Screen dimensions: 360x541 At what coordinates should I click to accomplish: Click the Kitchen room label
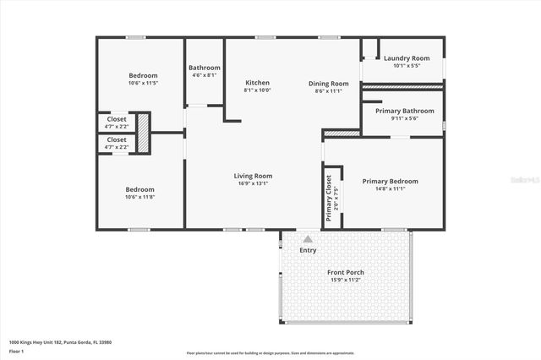tap(257, 83)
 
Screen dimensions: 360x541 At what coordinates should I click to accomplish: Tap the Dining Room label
tap(328, 84)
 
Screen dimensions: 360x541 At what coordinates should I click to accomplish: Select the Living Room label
tap(253, 176)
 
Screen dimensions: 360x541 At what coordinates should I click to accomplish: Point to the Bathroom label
tap(204, 68)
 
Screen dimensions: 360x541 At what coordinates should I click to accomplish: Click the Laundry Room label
tap(407, 58)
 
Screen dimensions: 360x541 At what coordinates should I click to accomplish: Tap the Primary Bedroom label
tap(390, 181)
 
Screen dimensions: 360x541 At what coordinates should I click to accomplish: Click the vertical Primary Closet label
tap(329, 198)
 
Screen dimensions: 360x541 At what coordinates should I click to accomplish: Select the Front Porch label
tap(345, 272)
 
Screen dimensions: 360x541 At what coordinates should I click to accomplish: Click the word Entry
tap(308, 250)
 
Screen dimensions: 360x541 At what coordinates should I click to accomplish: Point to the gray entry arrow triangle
tap(308, 240)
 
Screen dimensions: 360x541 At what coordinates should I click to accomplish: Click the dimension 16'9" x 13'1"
tap(253, 183)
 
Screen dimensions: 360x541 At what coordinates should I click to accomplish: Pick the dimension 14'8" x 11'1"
tap(390, 188)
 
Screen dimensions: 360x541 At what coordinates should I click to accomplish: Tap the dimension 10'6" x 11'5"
tap(143, 84)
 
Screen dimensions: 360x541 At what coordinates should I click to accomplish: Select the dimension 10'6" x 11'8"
tap(140, 197)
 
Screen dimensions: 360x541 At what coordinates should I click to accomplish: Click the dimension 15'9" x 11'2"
tap(345, 280)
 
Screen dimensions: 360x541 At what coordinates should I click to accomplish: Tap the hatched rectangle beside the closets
tap(143, 134)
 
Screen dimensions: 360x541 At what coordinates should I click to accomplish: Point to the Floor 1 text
tap(16, 350)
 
